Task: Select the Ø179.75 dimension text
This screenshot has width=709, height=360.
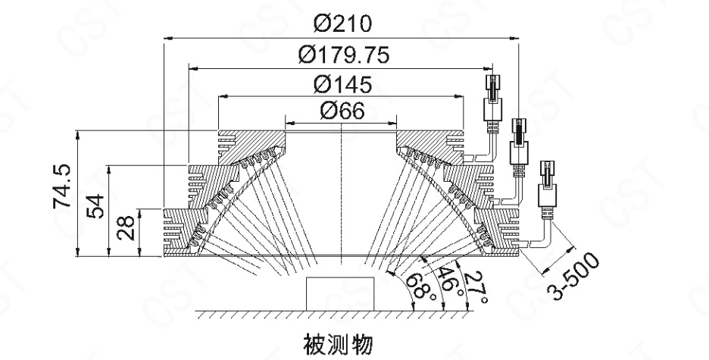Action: (343, 55)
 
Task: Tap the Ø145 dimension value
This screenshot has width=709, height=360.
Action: (343, 83)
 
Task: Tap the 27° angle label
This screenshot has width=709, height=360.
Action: (475, 287)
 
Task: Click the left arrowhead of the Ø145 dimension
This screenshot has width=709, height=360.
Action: (221, 94)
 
